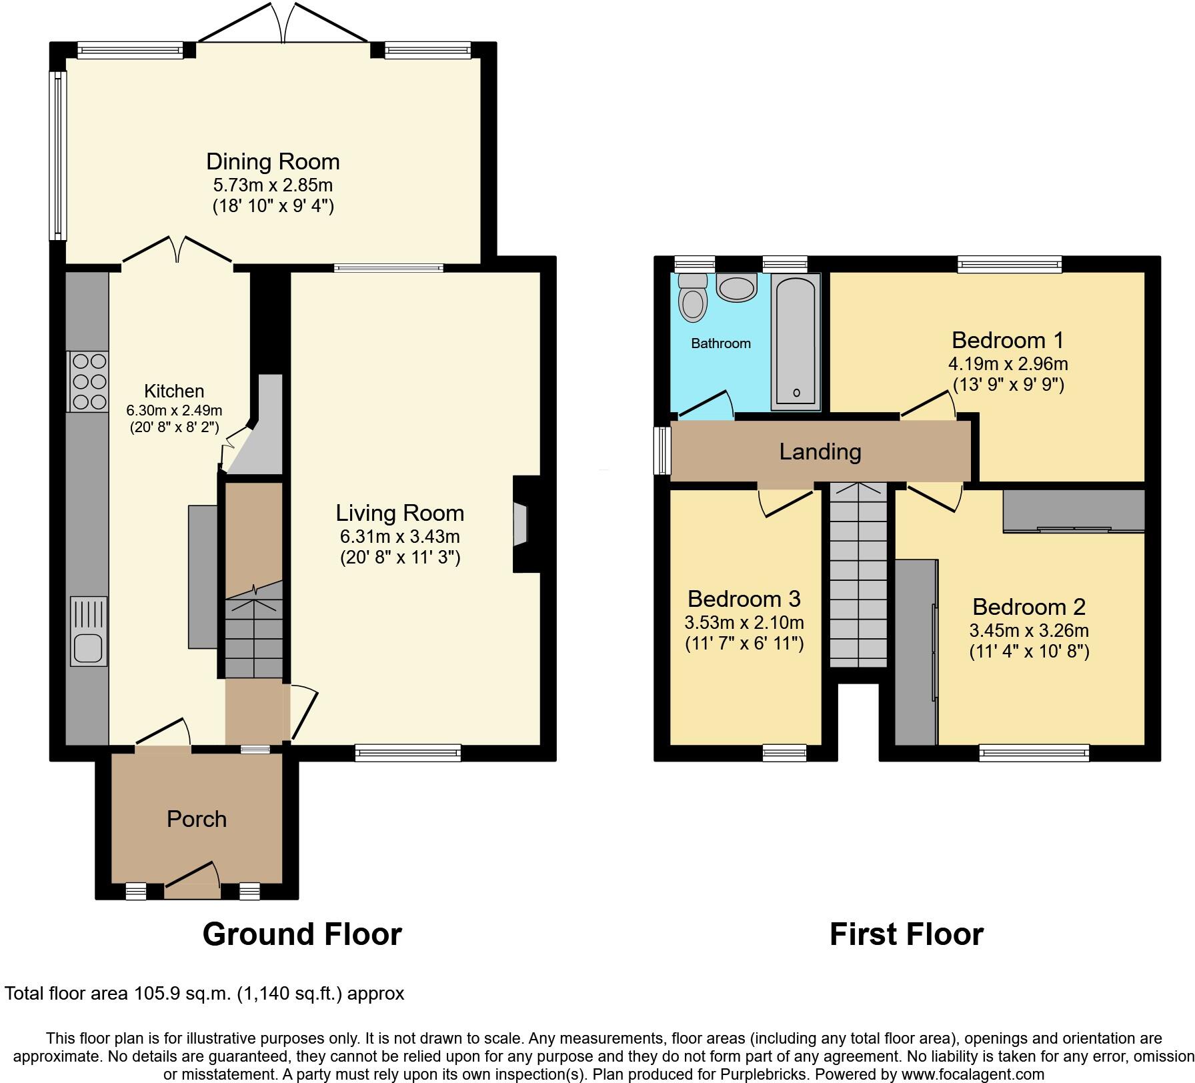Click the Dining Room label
273,161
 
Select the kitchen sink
88,631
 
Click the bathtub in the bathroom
796,341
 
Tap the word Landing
820,451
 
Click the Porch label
197,818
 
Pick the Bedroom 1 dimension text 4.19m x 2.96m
1008,363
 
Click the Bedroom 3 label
744,598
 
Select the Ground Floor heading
301,934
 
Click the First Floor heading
906,934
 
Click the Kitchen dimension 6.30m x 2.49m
174,410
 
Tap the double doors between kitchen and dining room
177,252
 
